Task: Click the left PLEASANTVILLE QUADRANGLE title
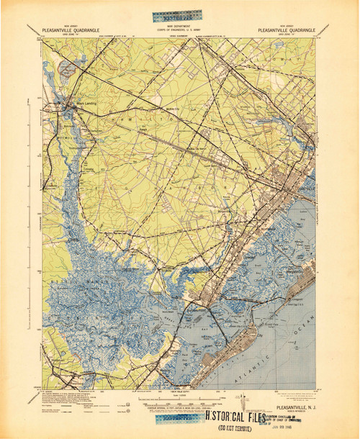tap(72, 30)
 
